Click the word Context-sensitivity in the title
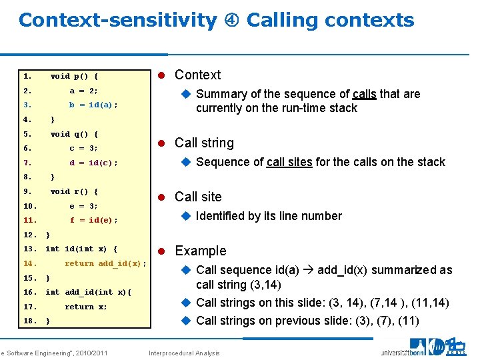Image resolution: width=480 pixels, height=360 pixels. (x=117, y=21)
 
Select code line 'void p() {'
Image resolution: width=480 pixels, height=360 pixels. (x=74, y=76)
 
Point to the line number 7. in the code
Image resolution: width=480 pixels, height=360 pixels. (x=27, y=163)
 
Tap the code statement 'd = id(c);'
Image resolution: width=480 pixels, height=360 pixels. (x=93, y=163)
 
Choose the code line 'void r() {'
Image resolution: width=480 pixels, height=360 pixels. (x=74, y=191)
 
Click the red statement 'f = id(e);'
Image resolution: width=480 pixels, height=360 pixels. (x=93, y=220)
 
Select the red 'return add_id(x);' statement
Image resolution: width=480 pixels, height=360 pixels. (x=105, y=263)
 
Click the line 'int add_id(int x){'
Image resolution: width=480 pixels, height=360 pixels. (x=88, y=292)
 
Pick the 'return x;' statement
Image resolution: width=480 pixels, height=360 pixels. (x=85, y=307)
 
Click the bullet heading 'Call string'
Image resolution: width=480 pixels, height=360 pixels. (x=204, y=143)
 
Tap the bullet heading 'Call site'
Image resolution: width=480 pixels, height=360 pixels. (x=198, y=197)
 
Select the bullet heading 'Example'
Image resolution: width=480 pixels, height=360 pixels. (x=200, y=251)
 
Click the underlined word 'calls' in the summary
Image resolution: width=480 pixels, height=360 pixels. (x=364, y=94)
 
